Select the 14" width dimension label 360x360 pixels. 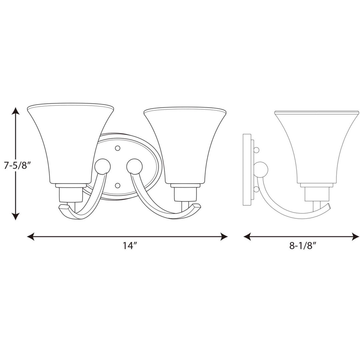tap(130, 246)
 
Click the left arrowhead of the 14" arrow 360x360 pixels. tap(30, 237)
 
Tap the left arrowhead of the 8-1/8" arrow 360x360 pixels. tap(247, 237)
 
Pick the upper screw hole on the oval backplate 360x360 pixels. tap(117, 147)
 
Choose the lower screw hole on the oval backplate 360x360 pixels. tap(117, 185)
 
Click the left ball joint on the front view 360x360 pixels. tap(101, 166)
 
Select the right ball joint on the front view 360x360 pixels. tap(134, 166)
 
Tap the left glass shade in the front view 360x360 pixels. tap(71, 143)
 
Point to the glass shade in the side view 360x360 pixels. tap(317, 147)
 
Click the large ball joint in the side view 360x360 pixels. tap(261, 170)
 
